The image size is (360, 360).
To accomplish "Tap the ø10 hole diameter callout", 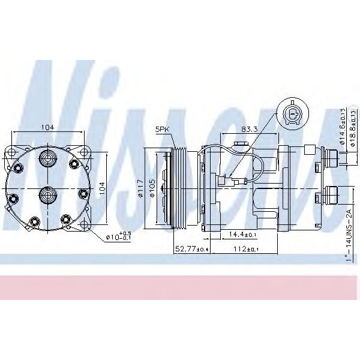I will [x=118, y=236].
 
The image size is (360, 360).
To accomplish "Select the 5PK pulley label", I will [x=163, y=129].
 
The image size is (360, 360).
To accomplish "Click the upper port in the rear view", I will [x=47, y=159].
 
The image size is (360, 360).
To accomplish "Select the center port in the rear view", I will [x=47, y=194].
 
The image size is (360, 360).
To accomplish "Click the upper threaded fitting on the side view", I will [x=329, y=157].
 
